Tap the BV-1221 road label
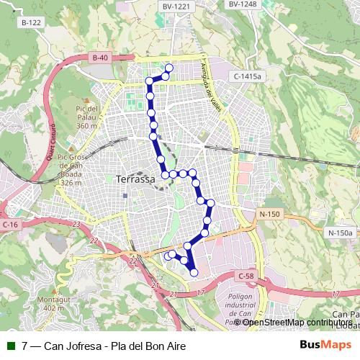point(176,6)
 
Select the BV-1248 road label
point(242,4)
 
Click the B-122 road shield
point(31,23)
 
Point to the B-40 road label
point(101,58)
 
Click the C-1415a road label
point(248,76)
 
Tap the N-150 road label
point(269,214)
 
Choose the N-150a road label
point(341,233)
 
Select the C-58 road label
point(246,276)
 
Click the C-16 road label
point(9,225)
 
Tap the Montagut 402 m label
point(49,303)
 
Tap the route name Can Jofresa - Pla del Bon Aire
point(114,346)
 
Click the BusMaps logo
point(326,345)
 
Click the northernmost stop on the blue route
point(169,68)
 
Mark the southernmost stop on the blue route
point(194,272)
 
